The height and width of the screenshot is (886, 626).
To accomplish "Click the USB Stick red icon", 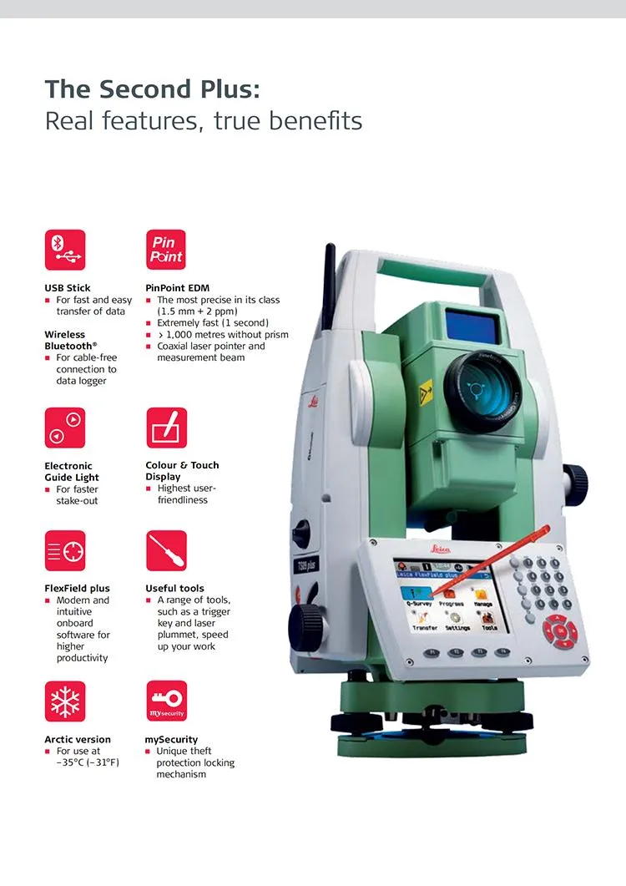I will (64, 250).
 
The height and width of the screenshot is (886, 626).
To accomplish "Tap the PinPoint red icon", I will (166, 250).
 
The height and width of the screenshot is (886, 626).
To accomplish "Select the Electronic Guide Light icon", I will (64, 428).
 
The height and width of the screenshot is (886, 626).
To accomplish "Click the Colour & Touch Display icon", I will (166, 428).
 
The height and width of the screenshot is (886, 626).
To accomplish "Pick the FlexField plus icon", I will (64, 550).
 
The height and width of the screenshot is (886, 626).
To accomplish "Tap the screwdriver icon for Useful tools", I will (166, 550).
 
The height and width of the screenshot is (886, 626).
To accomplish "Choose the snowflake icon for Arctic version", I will (64, 701).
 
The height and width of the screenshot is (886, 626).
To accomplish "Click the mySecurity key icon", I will (166, 701).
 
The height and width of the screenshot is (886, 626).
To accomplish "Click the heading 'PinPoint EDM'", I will (177, 288).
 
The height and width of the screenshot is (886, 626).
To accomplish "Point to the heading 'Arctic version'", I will (78, 739).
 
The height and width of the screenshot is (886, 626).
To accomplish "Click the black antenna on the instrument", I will (331, 288).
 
